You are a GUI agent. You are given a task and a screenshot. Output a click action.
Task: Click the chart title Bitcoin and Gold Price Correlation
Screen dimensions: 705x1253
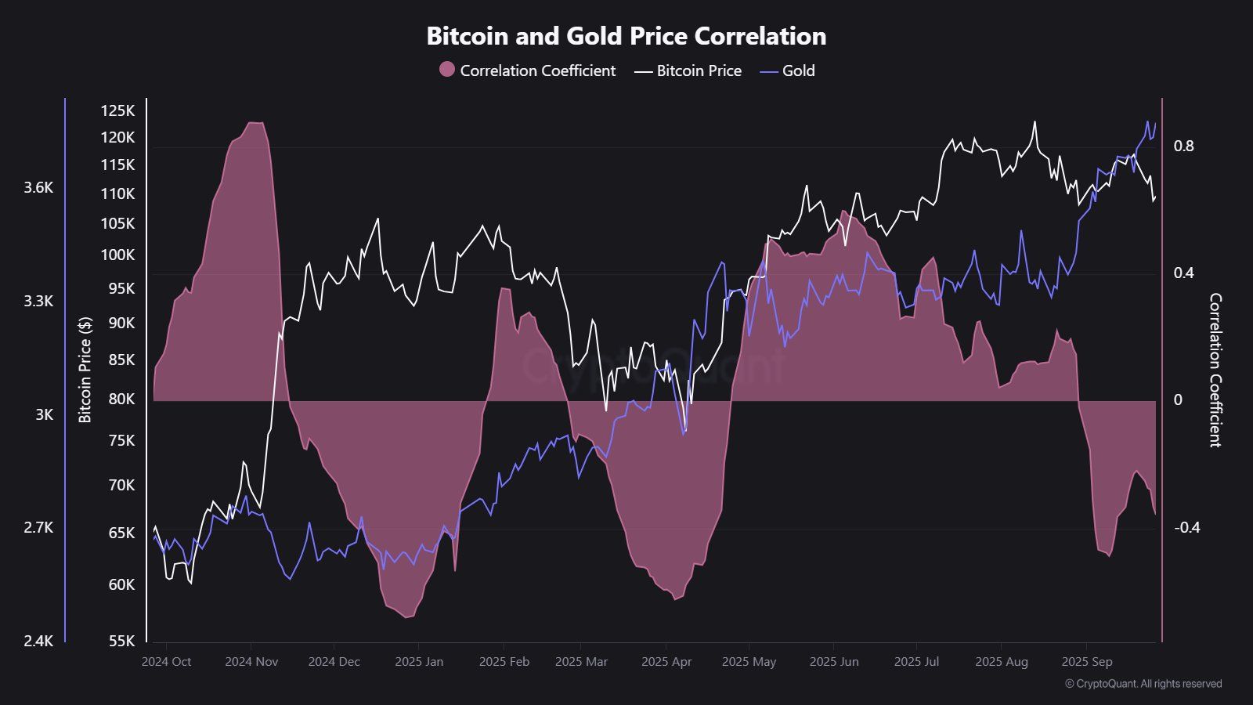626,36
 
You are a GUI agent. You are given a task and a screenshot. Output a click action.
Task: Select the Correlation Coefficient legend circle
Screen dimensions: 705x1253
447,70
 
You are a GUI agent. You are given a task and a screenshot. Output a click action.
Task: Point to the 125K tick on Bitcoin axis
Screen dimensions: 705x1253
117,110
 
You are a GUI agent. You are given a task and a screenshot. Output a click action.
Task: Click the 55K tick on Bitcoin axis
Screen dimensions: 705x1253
121,641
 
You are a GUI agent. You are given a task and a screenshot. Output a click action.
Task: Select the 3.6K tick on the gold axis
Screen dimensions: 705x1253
38,187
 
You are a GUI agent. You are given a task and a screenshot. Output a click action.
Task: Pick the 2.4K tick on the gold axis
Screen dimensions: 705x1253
38,641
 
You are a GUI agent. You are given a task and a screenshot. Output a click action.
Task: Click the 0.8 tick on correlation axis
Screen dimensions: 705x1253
1183,146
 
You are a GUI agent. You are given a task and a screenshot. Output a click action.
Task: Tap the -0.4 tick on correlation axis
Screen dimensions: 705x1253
1186,527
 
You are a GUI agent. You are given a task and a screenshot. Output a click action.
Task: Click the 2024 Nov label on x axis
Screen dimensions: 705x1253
251,662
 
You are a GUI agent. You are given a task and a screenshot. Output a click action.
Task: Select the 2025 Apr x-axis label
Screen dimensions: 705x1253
666,662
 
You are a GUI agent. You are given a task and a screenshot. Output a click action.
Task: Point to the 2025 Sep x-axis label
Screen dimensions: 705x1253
1087,662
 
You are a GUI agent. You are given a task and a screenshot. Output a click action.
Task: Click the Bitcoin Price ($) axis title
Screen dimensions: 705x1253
85,370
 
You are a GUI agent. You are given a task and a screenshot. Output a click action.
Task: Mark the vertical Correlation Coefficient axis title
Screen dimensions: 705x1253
1215,370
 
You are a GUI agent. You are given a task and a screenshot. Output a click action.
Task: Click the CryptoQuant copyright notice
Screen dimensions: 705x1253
1143,684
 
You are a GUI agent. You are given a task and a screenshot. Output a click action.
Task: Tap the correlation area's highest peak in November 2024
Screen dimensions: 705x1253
255,123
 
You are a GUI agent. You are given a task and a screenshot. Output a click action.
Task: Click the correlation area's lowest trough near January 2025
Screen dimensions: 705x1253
406,617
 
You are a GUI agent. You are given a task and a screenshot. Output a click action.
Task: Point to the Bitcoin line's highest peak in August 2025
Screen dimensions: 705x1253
1035,122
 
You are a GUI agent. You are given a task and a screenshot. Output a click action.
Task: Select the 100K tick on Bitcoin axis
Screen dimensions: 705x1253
117,255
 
